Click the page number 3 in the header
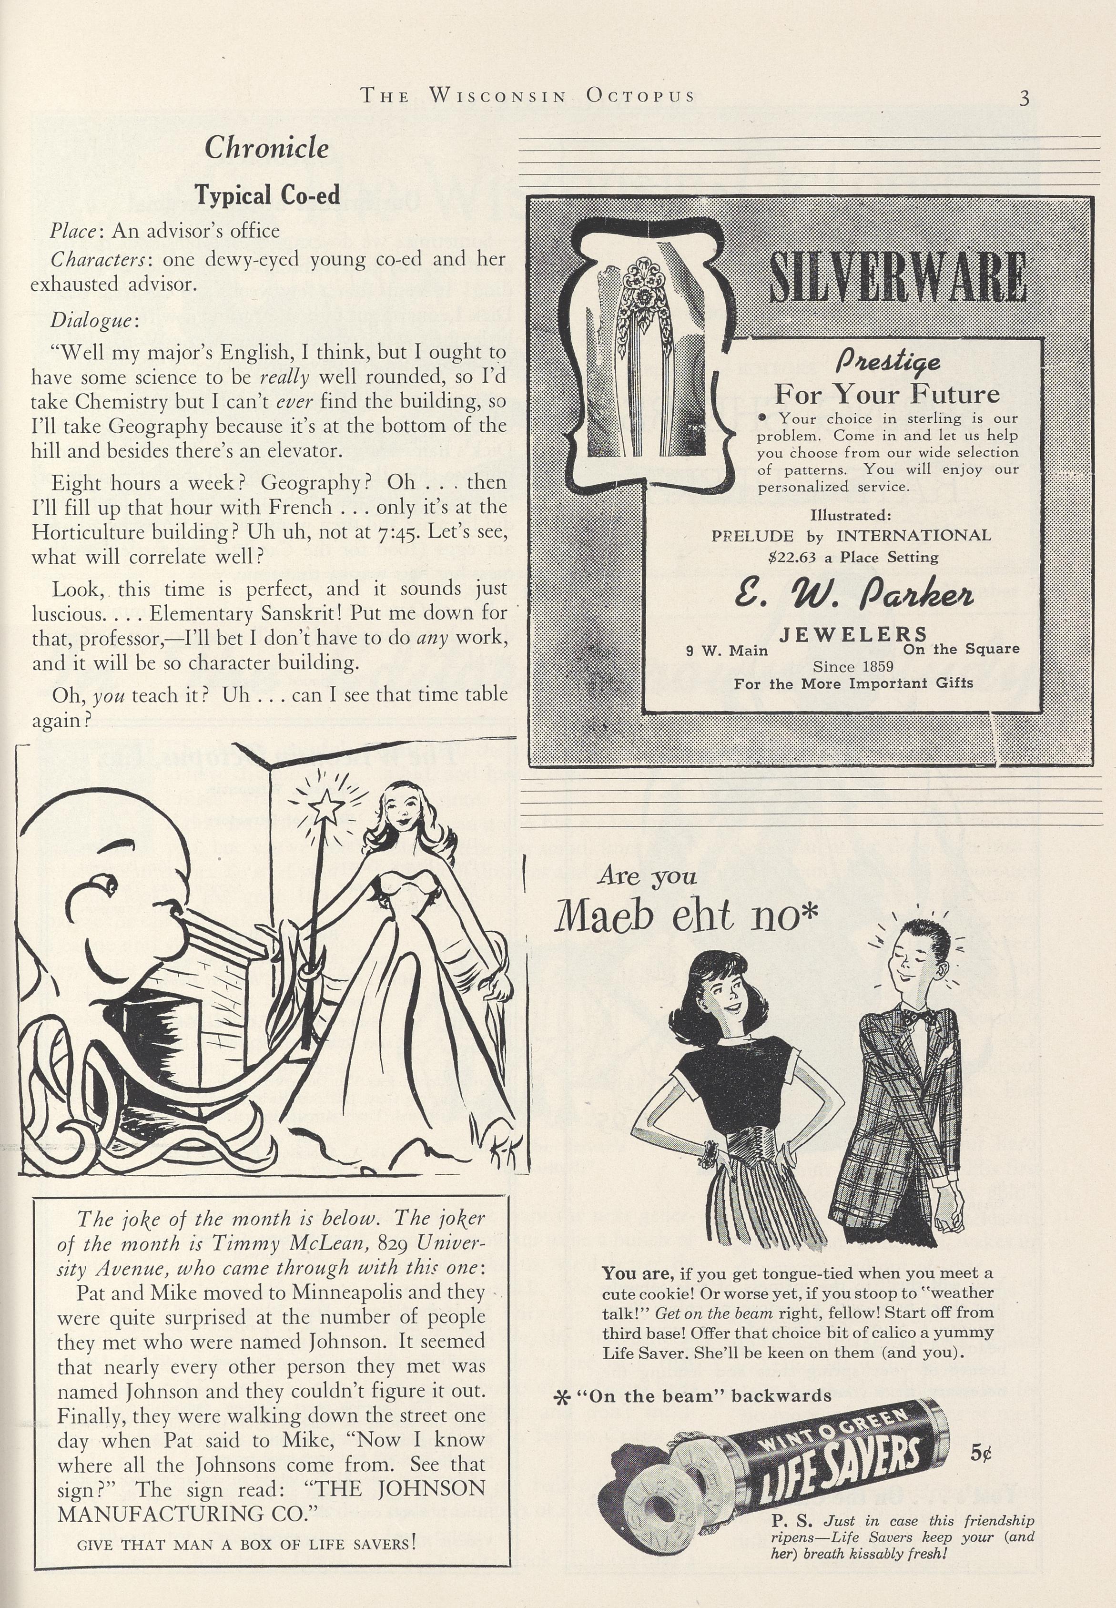point(1024,97)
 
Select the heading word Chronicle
point(266,148)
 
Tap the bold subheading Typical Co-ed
point(266,194)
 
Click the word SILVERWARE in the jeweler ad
point(897,278)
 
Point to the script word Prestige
point(888,362)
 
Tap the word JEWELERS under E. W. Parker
point(853,634)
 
